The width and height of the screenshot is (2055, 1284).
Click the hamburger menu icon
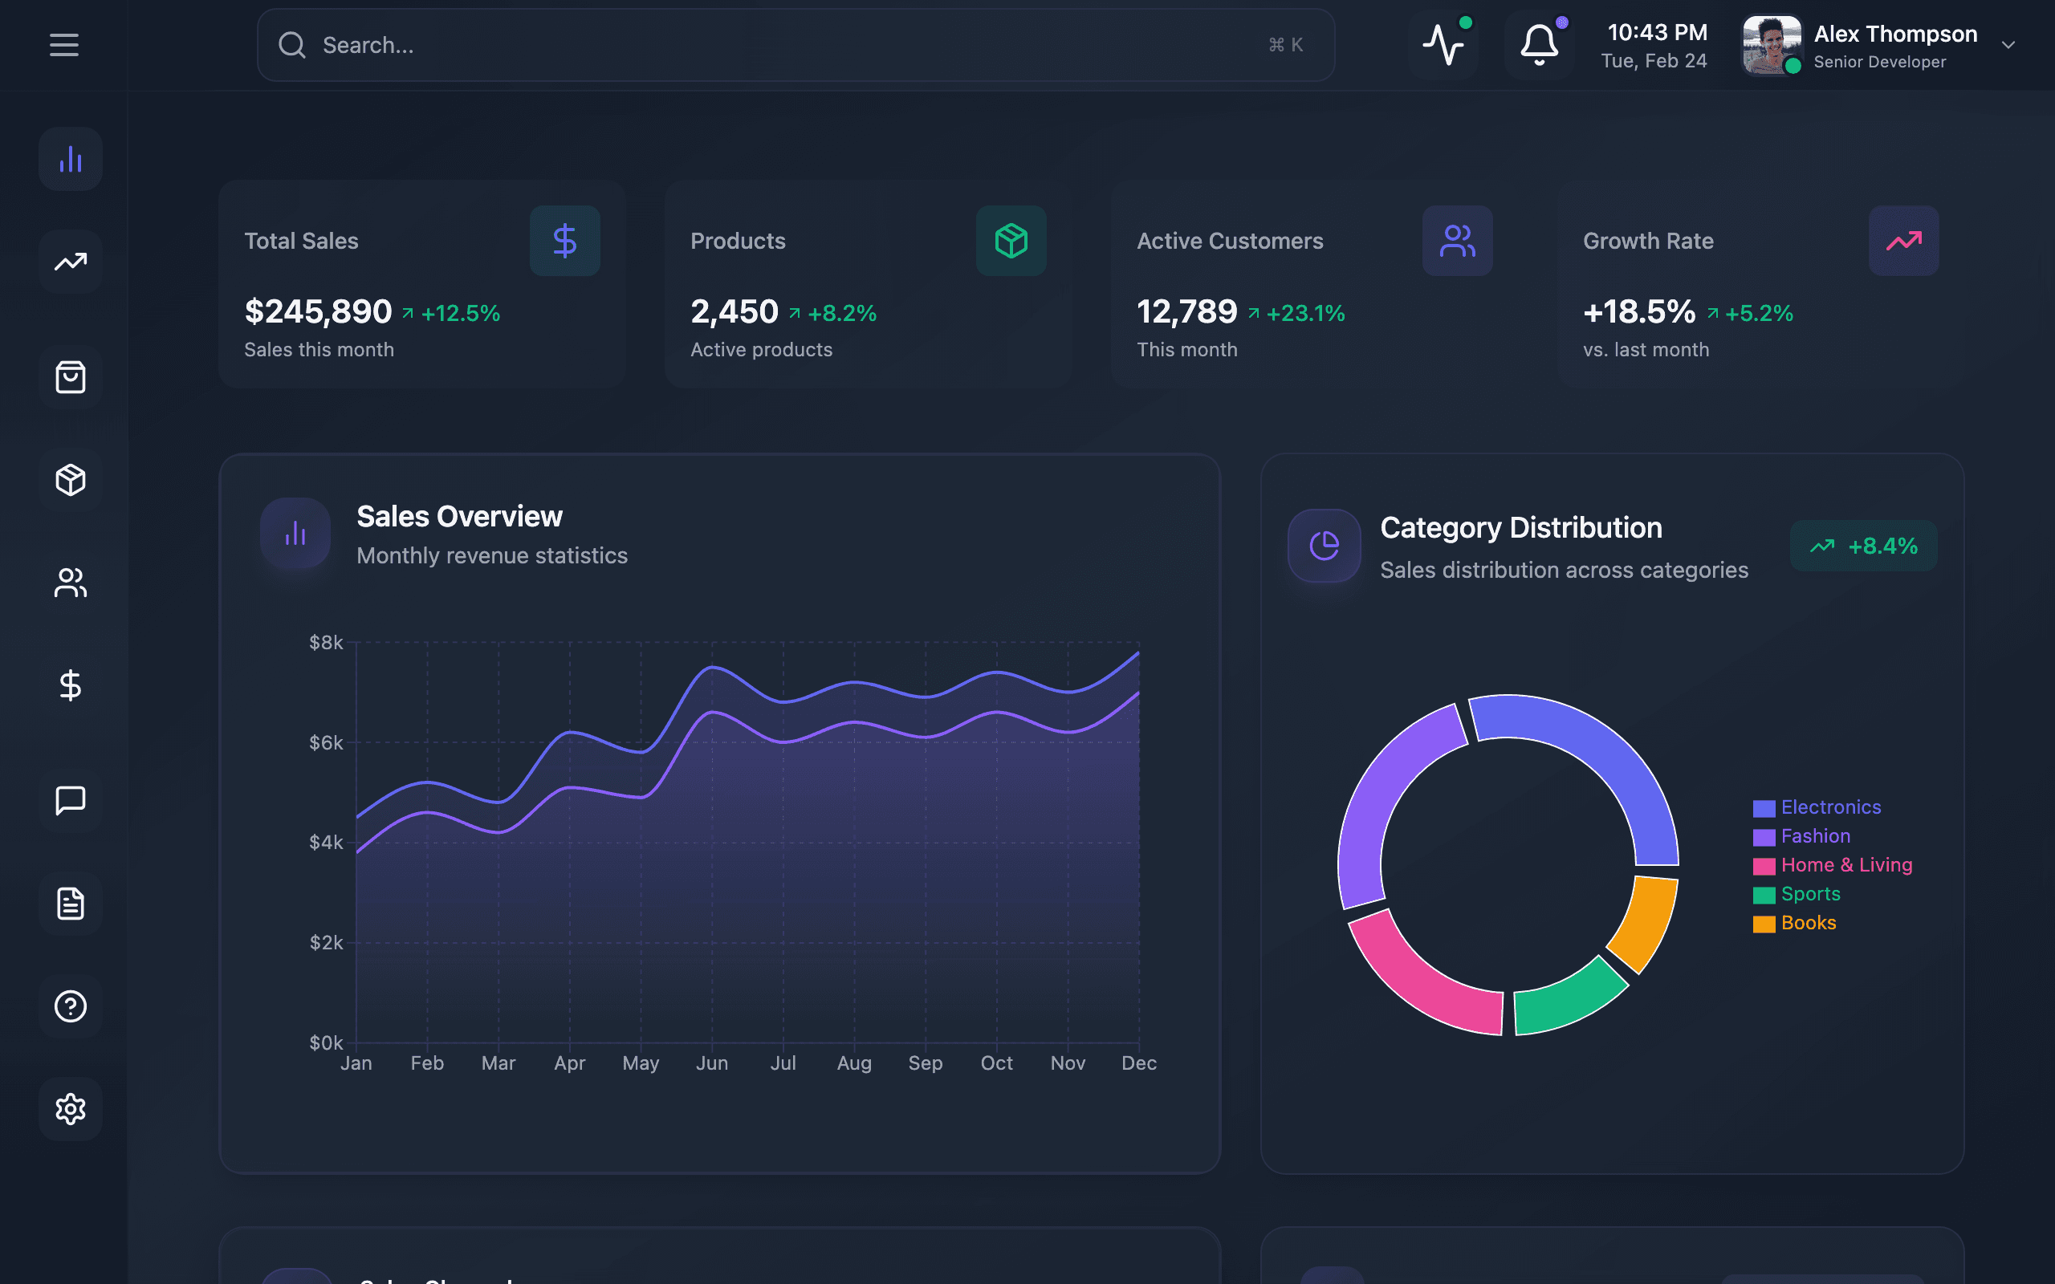point(63,45)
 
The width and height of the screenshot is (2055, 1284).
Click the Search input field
point(764,45)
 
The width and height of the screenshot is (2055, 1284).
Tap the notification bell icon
point(1539,45)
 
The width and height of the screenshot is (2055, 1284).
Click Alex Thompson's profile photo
point(1772,45)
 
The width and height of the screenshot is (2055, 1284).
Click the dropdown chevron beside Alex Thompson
point(2008,45)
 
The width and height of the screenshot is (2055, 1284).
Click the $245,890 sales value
point(318,311)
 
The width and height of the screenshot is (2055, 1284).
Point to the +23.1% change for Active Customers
point(1305,313)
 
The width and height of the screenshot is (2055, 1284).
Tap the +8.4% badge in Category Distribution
point(1863,546)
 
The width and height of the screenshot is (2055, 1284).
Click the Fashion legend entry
point(1815,836)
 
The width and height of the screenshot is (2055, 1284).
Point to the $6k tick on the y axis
point(326,743)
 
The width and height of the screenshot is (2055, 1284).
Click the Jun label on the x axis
point(711,1063)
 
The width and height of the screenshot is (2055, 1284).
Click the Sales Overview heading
point(459,516)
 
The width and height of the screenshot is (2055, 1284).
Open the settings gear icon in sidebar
point(71,1109)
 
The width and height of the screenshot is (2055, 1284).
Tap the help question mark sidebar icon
point(71,1006)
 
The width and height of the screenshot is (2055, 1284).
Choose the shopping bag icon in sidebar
point(71,377)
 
